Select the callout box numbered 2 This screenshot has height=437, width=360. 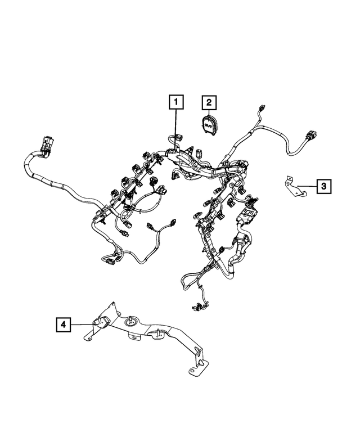(x=209, y=102)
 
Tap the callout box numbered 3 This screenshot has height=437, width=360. (x=323, y=186)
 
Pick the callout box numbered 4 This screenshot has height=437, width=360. (x=63, y=324)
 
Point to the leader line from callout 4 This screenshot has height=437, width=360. (x=82, y=324)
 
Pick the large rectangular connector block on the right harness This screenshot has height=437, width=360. (x=246, y=217)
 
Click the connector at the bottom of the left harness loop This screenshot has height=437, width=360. (x=110, y=259)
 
